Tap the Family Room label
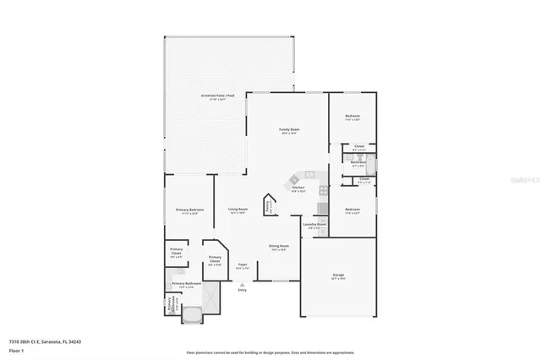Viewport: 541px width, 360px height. (290, 130)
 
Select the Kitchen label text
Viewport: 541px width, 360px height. (298, 189)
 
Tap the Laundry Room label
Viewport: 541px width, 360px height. (314, 226)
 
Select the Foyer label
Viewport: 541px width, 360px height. (242, 266)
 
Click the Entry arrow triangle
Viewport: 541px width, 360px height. (242, 285)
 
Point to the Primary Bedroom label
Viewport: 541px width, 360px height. (189, 210)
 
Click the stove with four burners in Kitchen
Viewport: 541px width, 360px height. (321, 208)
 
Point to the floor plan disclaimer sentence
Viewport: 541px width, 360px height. (270, 351)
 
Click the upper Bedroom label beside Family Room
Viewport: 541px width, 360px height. (352, 116)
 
